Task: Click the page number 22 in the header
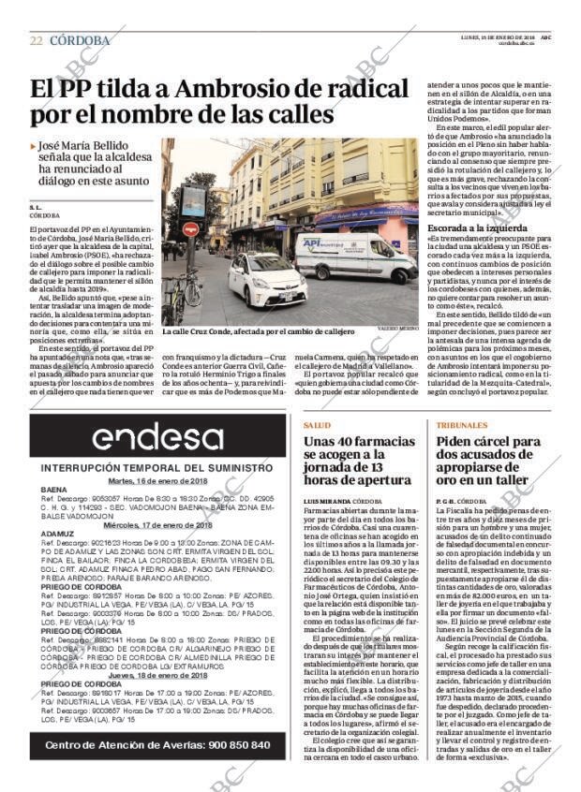(x=37, y=40)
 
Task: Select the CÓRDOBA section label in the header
(x=80, y=40)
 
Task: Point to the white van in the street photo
(x=355, y=255)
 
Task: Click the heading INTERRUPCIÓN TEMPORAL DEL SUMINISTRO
(x=156, y=468)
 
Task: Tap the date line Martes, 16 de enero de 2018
(x=156, y=480)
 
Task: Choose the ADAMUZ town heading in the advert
(x=57, y=534)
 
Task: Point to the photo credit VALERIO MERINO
(x=399, y=331)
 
